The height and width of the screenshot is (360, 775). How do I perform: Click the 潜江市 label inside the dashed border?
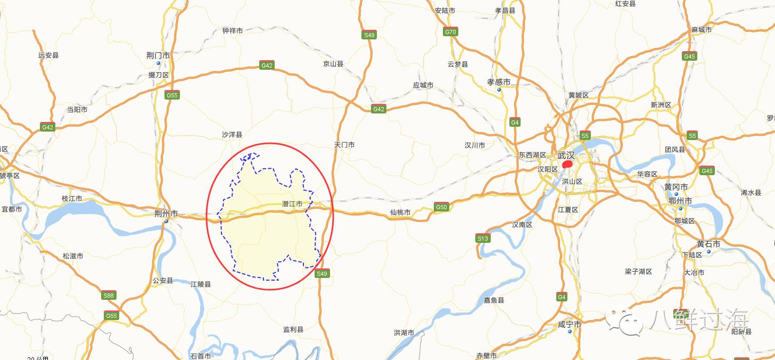pos(292,204)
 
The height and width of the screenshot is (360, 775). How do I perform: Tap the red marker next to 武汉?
pos(567,165)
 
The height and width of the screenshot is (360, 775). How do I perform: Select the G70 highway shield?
pos(450,32)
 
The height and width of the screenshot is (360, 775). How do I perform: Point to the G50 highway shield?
pos(441,207)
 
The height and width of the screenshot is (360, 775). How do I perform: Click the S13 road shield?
pos(483,239)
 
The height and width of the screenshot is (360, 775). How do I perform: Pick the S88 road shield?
pos(109,296)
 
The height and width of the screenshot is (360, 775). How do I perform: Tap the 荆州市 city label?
pos(166,214)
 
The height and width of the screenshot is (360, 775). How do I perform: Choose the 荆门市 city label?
pos(158,55)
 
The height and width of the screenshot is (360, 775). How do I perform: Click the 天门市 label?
pos(344,145)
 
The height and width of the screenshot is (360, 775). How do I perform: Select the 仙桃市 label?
pos(400,212)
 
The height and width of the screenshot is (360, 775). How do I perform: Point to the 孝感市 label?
pos(499,82)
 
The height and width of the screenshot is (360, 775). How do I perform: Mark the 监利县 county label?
pos(293,330)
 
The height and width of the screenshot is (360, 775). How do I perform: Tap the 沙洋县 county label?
pos(232,135)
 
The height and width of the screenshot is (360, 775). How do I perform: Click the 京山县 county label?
pos(333,64)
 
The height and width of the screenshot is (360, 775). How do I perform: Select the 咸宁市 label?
pos(570,324)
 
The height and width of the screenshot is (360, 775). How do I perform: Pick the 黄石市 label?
pos(708,244)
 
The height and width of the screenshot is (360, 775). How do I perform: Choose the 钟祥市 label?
pos(233,31)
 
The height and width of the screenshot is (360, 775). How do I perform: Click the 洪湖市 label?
pos(404,333)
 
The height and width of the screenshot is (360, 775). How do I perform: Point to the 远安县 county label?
pos(48,55)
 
